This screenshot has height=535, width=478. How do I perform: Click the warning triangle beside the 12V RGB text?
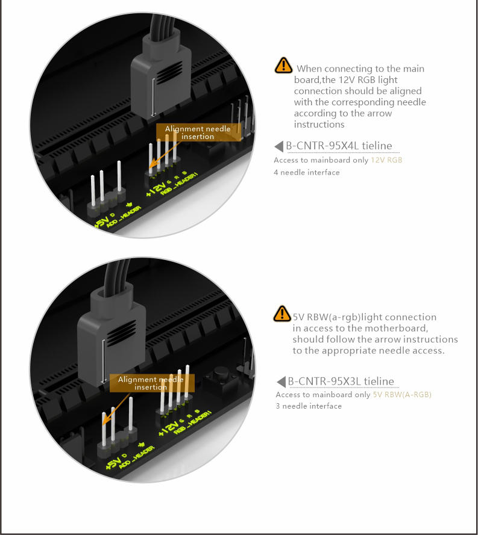tap(283, 65)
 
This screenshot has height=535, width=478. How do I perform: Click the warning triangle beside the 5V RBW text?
tap(282, 314)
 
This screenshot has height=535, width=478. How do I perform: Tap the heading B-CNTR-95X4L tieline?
tap(339, 146)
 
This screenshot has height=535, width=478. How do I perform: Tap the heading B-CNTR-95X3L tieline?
tap(341, 381)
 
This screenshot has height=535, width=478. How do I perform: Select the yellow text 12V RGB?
tap(386, 160)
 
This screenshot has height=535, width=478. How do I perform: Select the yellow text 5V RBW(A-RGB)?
tap(402, 395)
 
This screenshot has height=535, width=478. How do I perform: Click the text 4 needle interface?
tap(306, 172)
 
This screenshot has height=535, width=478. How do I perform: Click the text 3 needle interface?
tap(309, 406)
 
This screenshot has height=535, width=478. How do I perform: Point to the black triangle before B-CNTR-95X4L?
tap(279, 146)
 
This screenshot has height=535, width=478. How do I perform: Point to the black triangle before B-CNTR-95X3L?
tap(281, 382)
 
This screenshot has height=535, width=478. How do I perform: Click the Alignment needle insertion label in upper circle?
tap(198, 132)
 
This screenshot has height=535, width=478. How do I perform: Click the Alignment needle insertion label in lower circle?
tap(152, 383)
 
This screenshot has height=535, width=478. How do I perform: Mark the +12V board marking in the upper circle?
tap(156, 189)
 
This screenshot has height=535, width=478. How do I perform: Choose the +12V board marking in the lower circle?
tap(169, 428)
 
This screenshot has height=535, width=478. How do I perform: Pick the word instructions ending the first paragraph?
tap(319, 124)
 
